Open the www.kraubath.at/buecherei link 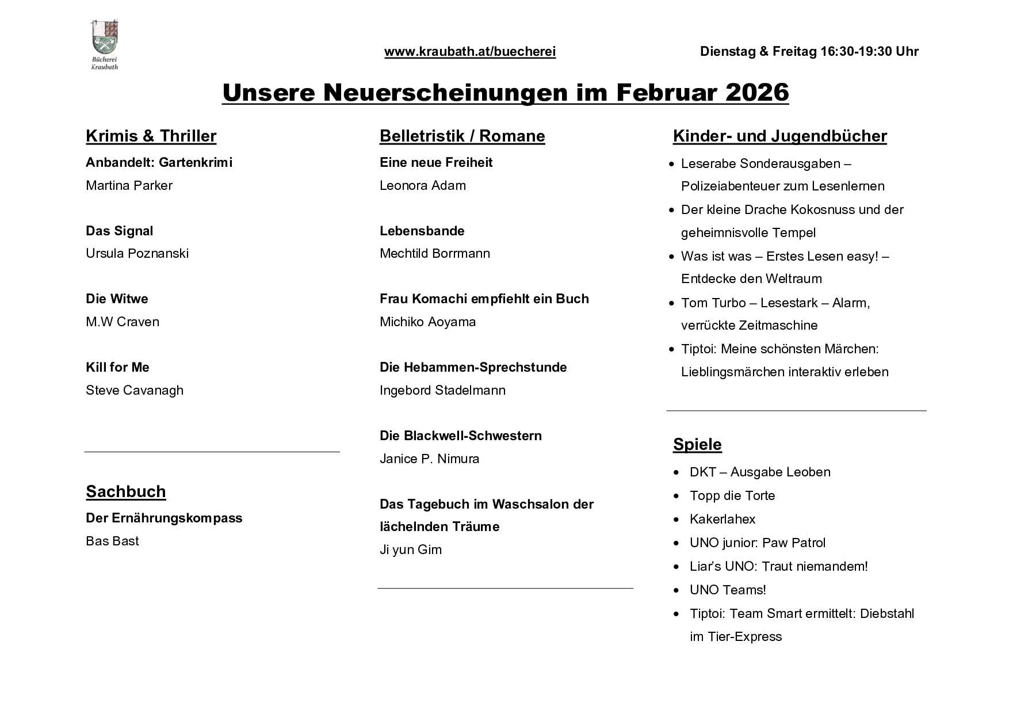point(470,52)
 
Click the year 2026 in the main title point(757,93)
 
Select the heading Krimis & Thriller point(151,136)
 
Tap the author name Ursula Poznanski point(137,254)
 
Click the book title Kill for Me point(117,368)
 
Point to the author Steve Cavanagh point(135,391)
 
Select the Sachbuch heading point(126,492)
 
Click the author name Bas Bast point(112,541)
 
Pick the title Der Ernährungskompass point(164,518)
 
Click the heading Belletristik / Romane point(462,136)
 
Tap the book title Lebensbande point(422,231)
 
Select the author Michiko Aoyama point(427,322)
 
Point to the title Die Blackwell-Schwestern point(460,436)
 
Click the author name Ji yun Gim point(411,550)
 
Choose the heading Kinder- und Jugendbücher point(779,136)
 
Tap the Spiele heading point(697,445)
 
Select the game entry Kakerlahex point(722,520)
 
